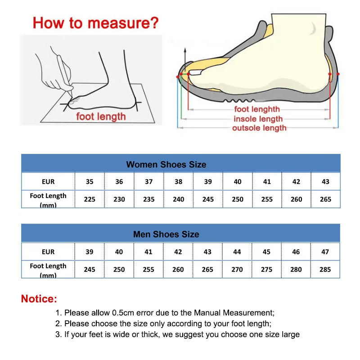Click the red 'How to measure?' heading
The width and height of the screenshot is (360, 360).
pyautogui.click(x=96, y=22)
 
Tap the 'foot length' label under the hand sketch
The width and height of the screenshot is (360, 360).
pyautogui.click(x=101, y=117)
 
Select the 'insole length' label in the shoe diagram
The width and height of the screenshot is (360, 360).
pyautogui.click(x=258, y=119)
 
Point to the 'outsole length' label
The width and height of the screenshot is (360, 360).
pyautogui.click(x=259, y=128)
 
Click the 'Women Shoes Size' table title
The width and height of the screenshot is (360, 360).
pyautogui.click(x=166, y=164)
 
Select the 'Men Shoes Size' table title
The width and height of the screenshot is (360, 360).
pyautogui.click(x=166, y=234)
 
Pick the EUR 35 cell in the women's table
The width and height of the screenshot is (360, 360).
pyautogui.click(x=90, y=182)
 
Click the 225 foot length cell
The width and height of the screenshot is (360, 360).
pyautogui.click(x=90, y=199)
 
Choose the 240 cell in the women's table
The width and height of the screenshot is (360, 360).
pyautogui.click(x=179, y=199)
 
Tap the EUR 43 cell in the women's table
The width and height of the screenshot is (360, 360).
pyautogui.click(x=325, y=182)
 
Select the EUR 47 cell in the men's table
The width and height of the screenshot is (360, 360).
pyautogui.click(x=325, y=252)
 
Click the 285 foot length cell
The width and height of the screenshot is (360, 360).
pyautogui.click(x=325, y=269)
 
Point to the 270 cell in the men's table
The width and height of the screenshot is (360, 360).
pyautogui.click(x=237, y=269)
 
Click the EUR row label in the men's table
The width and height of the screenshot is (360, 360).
pyautogui.click(x=48, y=252)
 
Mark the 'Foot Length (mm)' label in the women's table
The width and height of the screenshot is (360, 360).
pyautogui.click(x=48, y=199)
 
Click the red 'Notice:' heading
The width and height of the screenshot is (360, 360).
pyautogui.click(x=39, y=299)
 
